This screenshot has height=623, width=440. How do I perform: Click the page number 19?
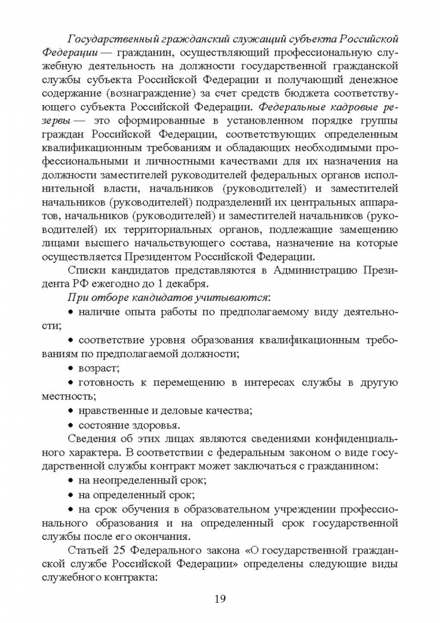[220, 598]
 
